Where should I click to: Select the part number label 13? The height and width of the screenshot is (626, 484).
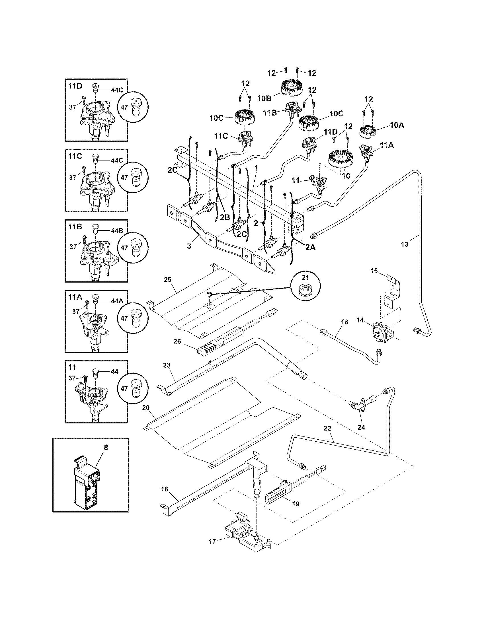[404, 244]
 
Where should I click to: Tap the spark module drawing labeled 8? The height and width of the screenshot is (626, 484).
[88, 485]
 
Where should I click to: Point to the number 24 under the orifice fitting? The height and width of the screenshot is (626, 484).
[361, 435]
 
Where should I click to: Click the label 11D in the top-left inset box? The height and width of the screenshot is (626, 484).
[75, 86]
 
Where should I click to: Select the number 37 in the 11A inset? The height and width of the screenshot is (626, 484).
[76, 312]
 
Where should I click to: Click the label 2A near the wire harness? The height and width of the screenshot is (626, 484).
[310, 247]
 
